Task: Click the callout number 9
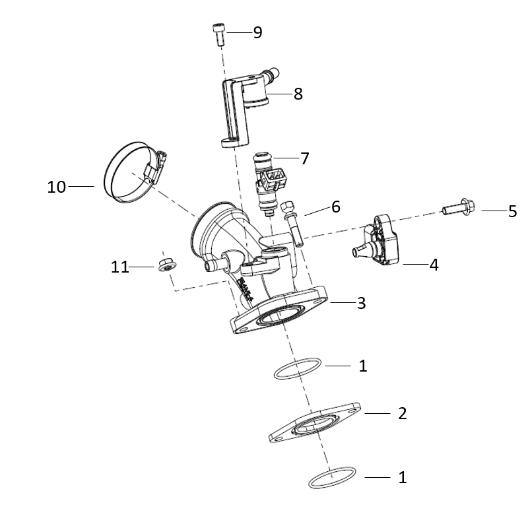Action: (x=257, y=32)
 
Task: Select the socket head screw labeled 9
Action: (x=219, y=34)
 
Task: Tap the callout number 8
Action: (x=298, y=94)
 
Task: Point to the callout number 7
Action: (x=304, y=158)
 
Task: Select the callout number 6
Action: (x=336, y=207)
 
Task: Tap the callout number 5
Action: (x=512, y=211)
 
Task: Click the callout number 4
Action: (x=434, y=265)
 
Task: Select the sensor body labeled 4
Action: (x=377, y=240)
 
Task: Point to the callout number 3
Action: (x=361, y=303)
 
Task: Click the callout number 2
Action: (x=403, y=414)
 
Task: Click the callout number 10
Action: (x=56, y=187)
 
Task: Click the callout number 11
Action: (x=120, y=267)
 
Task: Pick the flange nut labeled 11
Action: (x=168, y=265)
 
